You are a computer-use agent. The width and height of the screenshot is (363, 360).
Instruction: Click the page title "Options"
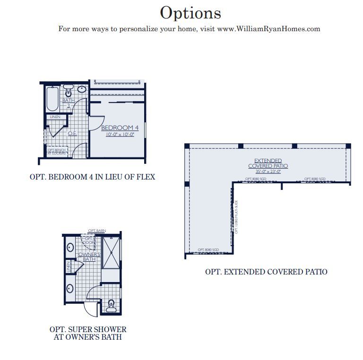click(190, 13)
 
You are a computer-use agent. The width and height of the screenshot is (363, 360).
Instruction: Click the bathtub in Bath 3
click(52, 98)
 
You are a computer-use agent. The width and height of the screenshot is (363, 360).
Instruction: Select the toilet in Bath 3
click(68, 92)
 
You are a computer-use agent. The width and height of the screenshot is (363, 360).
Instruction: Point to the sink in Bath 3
click(81, 88)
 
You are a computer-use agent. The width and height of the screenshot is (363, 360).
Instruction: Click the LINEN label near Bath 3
click(55, 117)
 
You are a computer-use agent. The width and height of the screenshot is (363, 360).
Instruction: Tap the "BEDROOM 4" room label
click(120, 128)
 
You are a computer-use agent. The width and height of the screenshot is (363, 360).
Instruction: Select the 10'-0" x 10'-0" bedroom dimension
click(120, 134)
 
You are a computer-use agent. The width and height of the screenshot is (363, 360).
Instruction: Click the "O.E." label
click(72, 133)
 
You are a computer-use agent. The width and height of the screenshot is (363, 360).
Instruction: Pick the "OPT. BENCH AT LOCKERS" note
click(57, 151)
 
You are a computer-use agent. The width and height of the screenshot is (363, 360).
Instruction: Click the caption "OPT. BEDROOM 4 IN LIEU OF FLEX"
click(92, 177)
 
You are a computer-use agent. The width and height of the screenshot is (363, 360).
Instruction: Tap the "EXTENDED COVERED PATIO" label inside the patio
click(268, 163)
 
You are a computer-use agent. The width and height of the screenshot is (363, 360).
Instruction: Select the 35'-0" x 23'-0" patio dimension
click(268, 171)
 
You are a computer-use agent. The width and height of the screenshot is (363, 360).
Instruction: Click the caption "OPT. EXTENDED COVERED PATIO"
click(266, 272)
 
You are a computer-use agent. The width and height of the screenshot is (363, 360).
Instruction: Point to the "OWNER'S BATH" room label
click(89, 257)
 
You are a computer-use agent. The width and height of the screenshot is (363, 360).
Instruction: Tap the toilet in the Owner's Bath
click(112, 304)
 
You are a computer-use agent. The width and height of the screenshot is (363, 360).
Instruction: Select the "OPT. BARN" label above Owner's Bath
click(97, 231)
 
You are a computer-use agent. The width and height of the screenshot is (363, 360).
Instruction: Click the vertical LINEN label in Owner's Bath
click(68, 267)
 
